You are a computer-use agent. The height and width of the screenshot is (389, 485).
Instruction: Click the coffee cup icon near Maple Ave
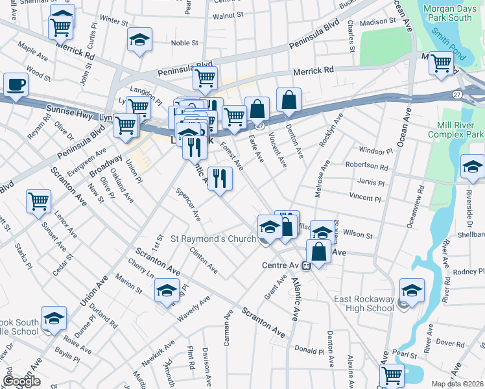[x=16, y=84]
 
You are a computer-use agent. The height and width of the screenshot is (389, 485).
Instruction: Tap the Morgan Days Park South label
[x=455, y=12]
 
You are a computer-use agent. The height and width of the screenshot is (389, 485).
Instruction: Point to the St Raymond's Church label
[x=213, y=239]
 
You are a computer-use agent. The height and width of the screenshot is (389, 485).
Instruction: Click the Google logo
[x=21, y=382]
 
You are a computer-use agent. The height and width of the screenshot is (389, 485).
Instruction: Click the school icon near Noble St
[x=139, y=40]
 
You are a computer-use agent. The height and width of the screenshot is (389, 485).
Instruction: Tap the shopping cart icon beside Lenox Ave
[x=39, y=201]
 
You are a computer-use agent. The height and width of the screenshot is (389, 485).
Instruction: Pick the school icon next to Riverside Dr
[x=473, y=167]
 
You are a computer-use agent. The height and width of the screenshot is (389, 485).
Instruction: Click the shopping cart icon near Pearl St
[x=392, y=375]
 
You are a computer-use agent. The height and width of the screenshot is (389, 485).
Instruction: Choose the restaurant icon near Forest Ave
[x=220, y=178]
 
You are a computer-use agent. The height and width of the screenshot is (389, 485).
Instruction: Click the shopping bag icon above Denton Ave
[x=289, y=100]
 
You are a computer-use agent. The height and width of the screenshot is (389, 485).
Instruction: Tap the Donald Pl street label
[x=309, y=349]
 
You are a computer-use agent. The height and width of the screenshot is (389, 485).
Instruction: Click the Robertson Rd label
[x=366, y=165]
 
